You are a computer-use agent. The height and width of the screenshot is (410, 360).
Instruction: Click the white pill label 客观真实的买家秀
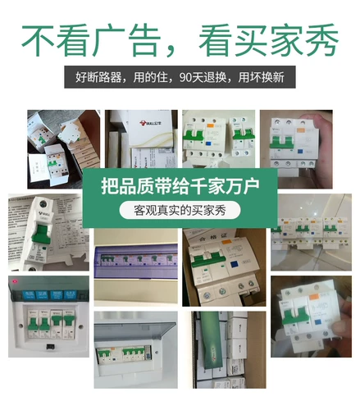coord(180,210)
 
